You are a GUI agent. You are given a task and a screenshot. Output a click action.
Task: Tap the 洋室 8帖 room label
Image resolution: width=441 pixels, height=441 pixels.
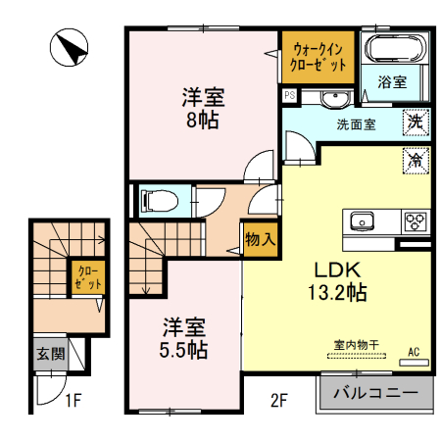click(x=204, y=109)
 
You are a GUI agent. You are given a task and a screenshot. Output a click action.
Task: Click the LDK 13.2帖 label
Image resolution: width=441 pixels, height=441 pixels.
click(x=339, y=280)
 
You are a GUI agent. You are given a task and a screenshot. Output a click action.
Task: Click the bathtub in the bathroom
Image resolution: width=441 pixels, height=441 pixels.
click(x=391, y=48)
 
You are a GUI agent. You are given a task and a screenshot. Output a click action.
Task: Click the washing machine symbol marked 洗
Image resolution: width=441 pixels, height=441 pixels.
click(x=416, y=123)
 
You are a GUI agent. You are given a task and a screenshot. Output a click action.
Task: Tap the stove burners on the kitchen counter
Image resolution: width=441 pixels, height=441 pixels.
click(x=415, y=220)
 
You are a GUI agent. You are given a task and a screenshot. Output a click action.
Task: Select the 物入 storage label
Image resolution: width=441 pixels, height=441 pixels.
click(x=259, y=239)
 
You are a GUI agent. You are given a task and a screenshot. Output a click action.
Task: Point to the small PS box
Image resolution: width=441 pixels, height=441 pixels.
click(x=290, y=96)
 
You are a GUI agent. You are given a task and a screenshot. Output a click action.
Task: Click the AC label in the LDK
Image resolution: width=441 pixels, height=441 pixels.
click(x=413, y=351)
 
